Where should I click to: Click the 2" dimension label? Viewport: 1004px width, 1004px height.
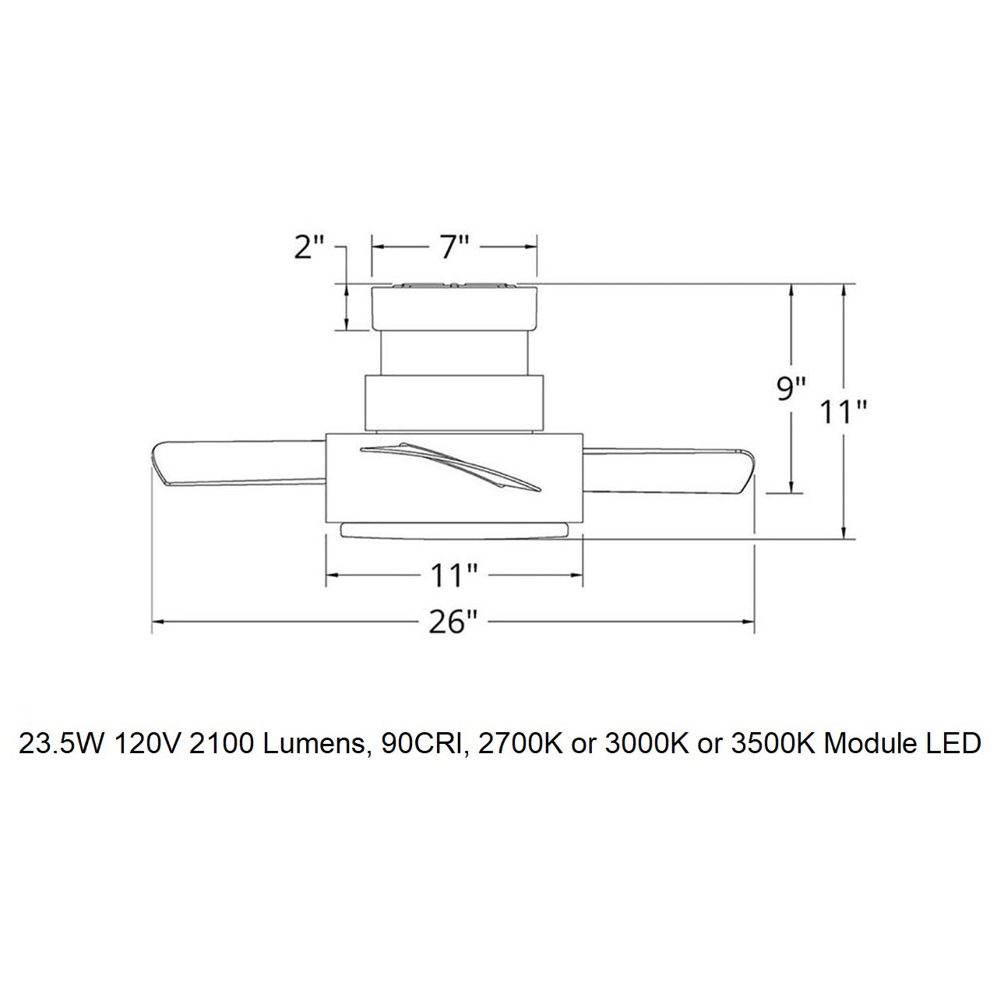[309, 247]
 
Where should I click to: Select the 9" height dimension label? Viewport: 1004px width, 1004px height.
[791, 389]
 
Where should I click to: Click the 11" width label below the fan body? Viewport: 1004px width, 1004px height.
[453, 576]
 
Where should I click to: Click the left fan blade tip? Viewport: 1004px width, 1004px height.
[157, 459]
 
